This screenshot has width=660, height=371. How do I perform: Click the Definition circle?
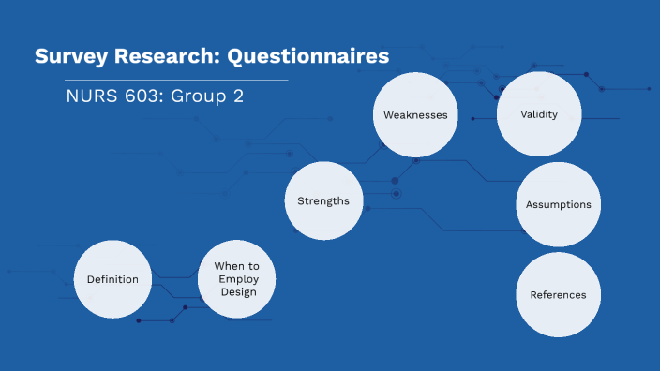pos(112,279)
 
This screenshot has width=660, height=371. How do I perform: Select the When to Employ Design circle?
pos(237,279)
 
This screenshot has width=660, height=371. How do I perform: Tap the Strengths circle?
pos(323,200)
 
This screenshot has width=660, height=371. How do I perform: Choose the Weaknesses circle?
pos(414,115)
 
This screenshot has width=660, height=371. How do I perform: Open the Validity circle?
pos(539,115)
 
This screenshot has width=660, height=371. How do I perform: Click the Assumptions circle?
pos(558,204)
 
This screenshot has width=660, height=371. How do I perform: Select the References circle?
pos(558,294)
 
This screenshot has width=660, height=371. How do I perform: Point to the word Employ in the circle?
pos(237,279)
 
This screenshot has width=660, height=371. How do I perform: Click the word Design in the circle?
pos(237,291)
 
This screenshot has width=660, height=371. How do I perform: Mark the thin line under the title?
pos(169,81)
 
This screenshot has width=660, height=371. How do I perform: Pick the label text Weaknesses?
pos(414,115)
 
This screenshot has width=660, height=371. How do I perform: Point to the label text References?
pos(558,294)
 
